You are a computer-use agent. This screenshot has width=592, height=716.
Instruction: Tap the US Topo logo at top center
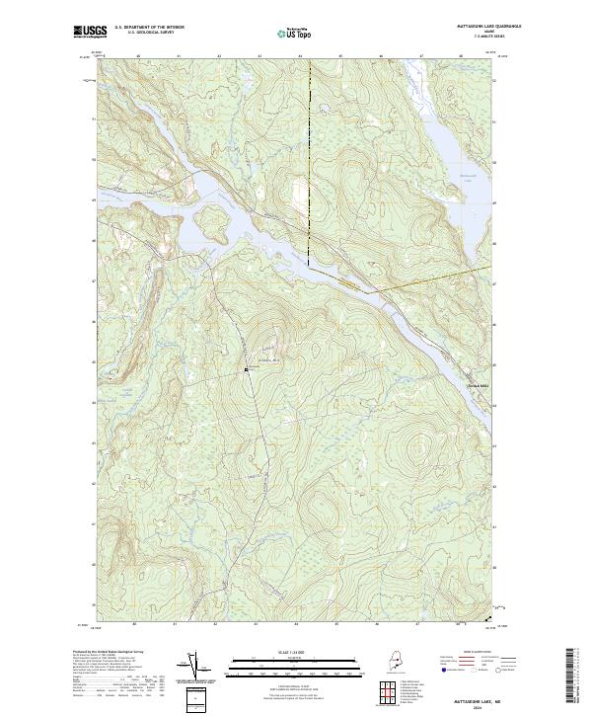295,34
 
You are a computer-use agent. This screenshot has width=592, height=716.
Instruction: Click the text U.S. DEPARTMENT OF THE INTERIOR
150,28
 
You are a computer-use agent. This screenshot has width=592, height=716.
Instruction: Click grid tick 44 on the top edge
300,56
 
